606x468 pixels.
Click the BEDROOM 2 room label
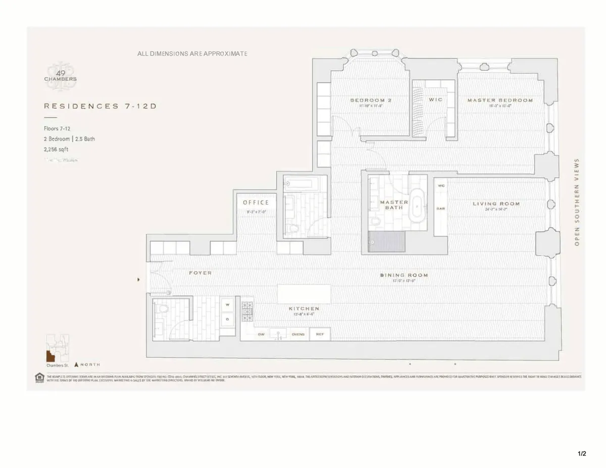pos(371,100)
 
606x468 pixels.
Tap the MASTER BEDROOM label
pos(499,100)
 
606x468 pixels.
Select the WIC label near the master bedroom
pos(435,100)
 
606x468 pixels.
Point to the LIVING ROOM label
pos(496,204)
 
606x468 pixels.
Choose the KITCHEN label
pos(304,308)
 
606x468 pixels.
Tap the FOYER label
pos(200,273)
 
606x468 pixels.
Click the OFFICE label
pos(256,203)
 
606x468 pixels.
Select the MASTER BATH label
pos(393,205)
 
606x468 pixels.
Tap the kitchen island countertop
pos(304,293)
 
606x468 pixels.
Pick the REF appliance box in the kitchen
pos(320,334)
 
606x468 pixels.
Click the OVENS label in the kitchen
pos(298,334)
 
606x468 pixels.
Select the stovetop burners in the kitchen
pos(247,311)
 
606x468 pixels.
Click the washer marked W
pos(227,305)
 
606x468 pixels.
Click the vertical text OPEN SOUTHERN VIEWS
pos(577,202)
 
